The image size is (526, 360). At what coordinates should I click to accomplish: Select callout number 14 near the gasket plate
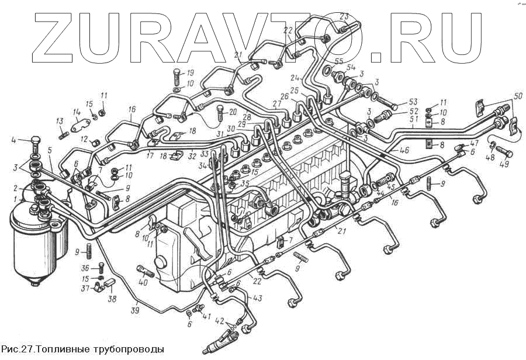tap(76, 112)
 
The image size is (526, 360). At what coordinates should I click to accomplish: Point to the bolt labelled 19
tap(176, 77)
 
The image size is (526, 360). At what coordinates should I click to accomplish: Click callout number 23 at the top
tap(344, 16)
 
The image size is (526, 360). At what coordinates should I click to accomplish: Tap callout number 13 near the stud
tap(59, 121)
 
